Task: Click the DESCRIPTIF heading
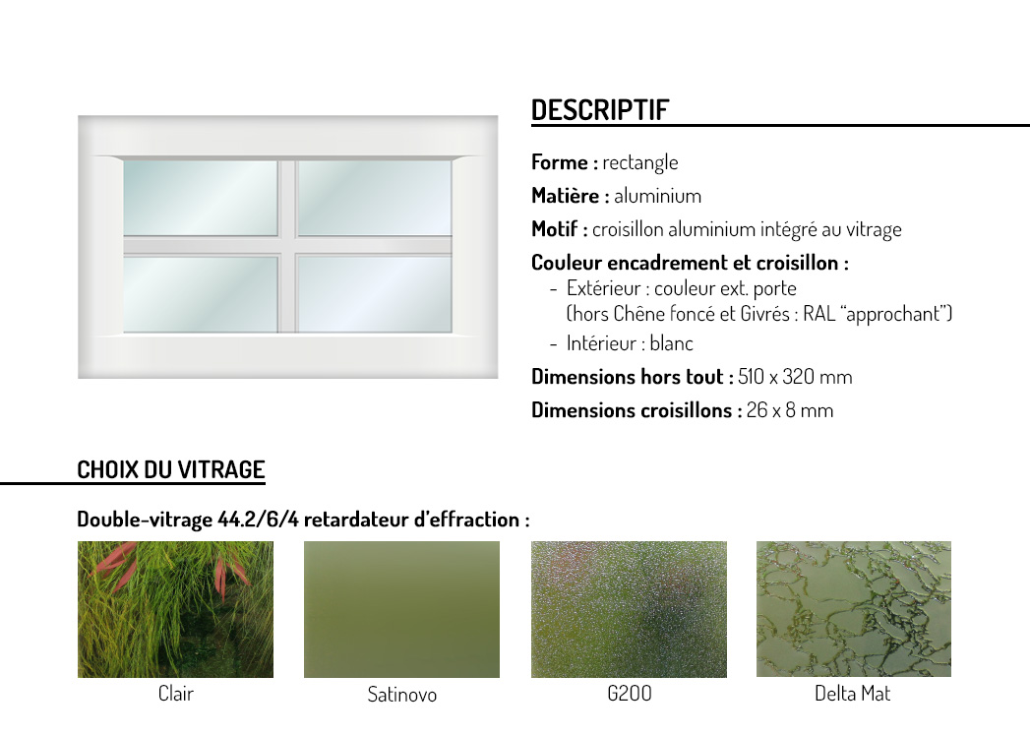pos(600,110)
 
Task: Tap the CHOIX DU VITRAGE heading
pos(171,469)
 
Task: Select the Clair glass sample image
pos(175,609)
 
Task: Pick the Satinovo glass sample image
pos(401,609)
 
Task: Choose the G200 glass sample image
pos(629,609)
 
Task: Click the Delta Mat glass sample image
pos(853,609)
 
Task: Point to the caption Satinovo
pos(402,695)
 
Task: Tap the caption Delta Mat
pos(853,694)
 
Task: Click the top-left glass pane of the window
pos(201,198)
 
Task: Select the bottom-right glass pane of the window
pos(374,294)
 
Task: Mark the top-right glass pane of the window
pos(374,198)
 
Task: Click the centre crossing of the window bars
pos(287,246)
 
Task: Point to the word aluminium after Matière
pos(657,196)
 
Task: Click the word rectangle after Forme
pos(640,163)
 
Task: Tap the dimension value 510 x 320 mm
pos(795,377)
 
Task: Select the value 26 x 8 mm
pos(790,410)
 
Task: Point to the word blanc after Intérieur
pos(671,343)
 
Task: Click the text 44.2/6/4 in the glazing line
pos(258,520)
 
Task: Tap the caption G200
pos(630,694)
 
